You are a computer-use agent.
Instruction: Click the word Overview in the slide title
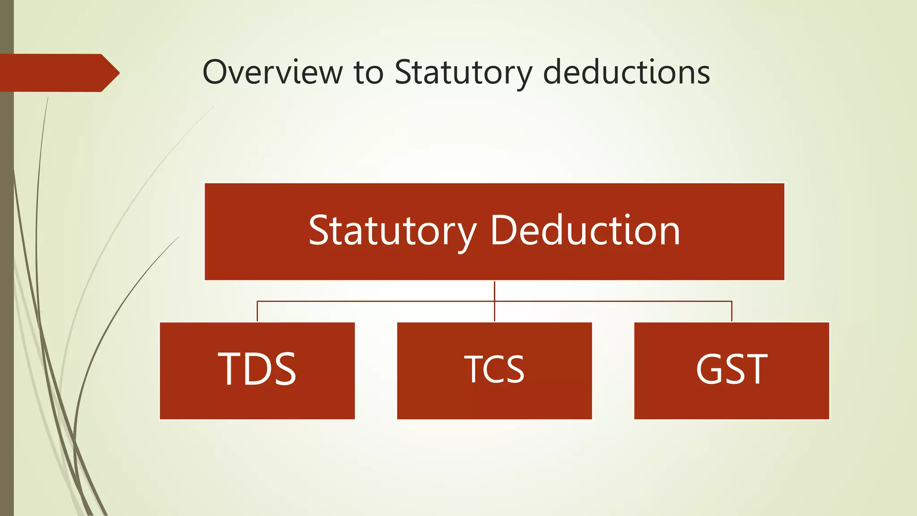pyautogui.click(x=272, y=72)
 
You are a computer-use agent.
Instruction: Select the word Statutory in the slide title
pyautogui.click(x=463, y=73)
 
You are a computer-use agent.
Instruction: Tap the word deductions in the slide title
pyautogui.click(x=626, y=72)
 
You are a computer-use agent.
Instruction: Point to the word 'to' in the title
pyautogui.click(x=369, y=73)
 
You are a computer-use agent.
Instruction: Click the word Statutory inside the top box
pyautogui.click(x=393, y=232)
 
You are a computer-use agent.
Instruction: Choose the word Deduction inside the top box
pyautogui.click(x=585, y=231)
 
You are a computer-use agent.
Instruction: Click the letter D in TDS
pyautogui.click(x=257, y=369)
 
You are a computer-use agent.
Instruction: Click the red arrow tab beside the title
pyautogui.click(x=58, y=73)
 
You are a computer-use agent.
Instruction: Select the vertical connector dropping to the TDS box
pyautogui.click(x=257, y=312)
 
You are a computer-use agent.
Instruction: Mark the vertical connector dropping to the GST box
pyautogui.click(x=732, y=312)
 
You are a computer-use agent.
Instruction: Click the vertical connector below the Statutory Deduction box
pyautogui.click(x=494, y=291)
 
